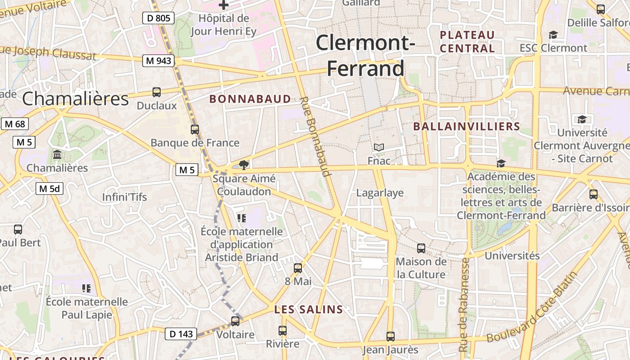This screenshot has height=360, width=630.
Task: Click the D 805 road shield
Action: pos(158,18)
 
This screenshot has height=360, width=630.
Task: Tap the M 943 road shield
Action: pos(158,61)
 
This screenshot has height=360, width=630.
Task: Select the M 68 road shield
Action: pos(15,124)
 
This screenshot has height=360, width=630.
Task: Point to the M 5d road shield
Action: pos(49,189)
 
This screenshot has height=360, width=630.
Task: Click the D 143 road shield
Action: pos(181,334)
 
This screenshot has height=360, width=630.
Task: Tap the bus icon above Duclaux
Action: pos(157,92)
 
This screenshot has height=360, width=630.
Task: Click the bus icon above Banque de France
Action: pos(195,130)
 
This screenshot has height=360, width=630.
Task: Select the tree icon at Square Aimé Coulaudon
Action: pos(244,165)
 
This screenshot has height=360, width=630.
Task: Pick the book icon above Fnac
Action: pos(379,148)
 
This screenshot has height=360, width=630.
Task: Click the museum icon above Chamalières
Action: pos(57,155)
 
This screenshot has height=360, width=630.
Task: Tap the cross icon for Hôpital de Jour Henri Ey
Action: pos(224,5)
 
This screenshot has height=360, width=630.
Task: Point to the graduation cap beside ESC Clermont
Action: pos(553,35)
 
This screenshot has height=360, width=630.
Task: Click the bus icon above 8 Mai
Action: pos(298,268)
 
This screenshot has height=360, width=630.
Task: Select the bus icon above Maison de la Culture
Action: pos(421,248)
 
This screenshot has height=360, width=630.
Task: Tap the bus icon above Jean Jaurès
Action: pos(391,336)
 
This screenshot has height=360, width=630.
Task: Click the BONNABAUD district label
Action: pos(250,99)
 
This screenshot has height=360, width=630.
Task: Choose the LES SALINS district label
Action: pos(309,310)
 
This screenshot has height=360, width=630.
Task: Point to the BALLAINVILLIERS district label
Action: pos(467,127)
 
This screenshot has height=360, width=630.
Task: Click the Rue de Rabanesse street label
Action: pos(464,305)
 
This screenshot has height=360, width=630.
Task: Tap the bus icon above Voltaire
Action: pos(235,321)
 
